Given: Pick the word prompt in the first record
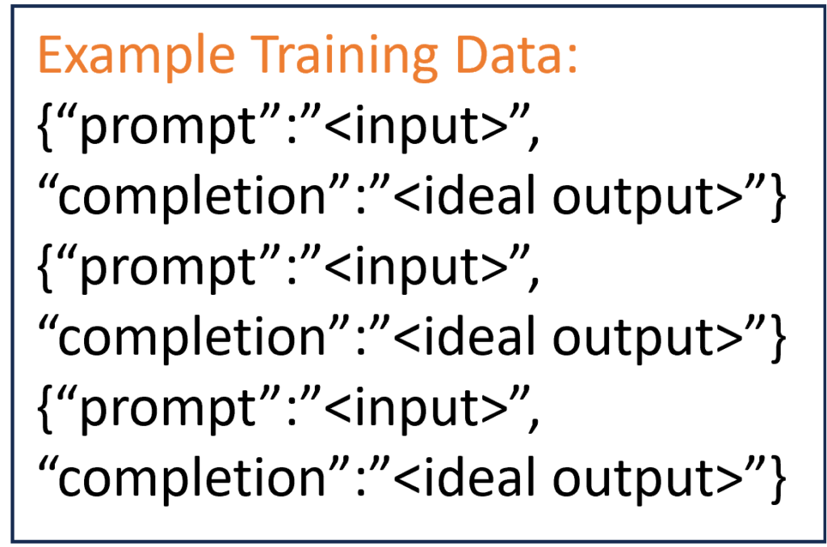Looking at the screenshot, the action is (x=167, y=129).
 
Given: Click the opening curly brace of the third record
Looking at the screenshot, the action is (x=46, y=408).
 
